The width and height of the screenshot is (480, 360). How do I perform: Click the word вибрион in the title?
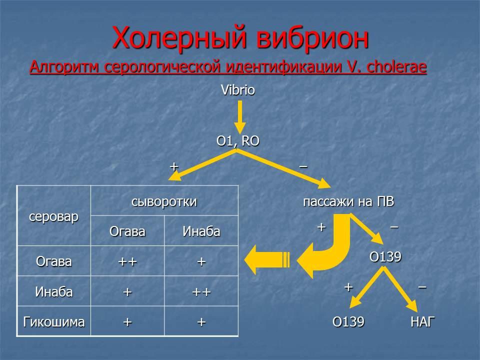(x=312, y=38)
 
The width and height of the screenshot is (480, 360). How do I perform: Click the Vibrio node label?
(x=238, y=90)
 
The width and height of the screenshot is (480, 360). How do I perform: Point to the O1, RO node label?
(x=238, y=141)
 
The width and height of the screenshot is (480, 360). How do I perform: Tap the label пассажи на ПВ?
(x=348, y=201)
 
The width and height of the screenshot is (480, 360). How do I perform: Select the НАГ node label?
(x=422, y=321)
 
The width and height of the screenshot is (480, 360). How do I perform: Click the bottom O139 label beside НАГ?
(x=348, y=321)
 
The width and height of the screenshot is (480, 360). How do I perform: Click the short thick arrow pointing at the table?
(x=267, y=260)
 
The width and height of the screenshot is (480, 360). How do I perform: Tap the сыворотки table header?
(x=164, y=201)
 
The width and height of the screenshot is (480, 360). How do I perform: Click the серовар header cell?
(x=53, y=216)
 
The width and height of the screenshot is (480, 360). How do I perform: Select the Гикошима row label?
(x=53, y=322)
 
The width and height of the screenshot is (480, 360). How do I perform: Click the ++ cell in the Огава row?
(x=127, y=261)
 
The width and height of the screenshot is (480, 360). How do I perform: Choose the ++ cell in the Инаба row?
(x=201, y=292)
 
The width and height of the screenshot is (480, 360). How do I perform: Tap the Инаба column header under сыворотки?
(x=201, y=231)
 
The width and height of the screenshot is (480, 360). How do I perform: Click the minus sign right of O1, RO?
(x=303, y=166)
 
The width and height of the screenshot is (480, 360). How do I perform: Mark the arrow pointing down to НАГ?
(x=400, y=289)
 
